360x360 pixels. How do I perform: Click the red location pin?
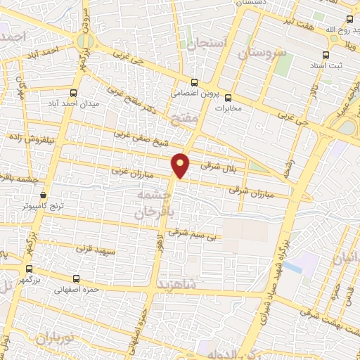(181, 165)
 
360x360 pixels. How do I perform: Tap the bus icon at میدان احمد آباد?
(74, 93)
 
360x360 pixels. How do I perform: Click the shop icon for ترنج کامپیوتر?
(44, 195)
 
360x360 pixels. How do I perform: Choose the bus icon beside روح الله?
(349, 20)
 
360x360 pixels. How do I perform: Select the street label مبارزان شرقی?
(248, 190)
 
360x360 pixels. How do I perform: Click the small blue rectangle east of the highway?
(303, 264)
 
